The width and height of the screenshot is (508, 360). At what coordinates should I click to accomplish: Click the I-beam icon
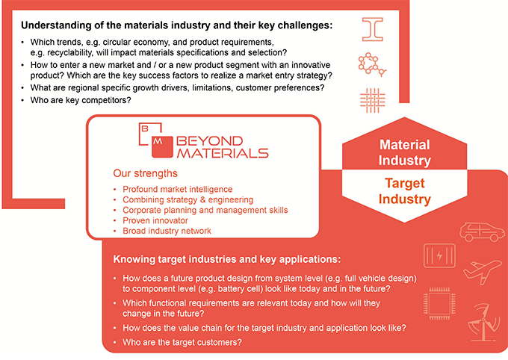[x=373, y=29]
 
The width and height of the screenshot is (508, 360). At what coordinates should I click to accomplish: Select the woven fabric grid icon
[x=373, y=100]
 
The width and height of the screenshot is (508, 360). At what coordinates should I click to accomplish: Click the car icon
[x=482, y=232]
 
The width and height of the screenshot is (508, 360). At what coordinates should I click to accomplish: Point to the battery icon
[x=439, y=255]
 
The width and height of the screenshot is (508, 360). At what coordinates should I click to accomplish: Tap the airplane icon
[x=482, y=271]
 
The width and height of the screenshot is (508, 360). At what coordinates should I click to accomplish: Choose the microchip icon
[x=439, y=304]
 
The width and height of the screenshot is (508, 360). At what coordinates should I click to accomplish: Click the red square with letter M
[x=162, y=147]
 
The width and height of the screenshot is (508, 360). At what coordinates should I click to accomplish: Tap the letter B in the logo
[x=145, y=128]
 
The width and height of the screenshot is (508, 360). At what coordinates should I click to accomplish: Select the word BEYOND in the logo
[x=210, y=141]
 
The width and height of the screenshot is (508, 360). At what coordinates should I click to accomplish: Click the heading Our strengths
[x=145, y=173]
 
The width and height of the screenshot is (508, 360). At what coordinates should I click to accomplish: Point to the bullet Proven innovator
[x=155, y=220]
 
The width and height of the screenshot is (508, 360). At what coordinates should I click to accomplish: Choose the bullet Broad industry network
[x=167, y=231]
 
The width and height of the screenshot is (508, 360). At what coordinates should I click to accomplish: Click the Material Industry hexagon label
[x=405, y=152]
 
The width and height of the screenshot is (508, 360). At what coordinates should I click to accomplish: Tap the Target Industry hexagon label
[x=405, y=191]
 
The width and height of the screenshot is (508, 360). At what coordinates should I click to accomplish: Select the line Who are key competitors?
[x=81, y=100]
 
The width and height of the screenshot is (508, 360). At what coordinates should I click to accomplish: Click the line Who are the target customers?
[x=182, y=342]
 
